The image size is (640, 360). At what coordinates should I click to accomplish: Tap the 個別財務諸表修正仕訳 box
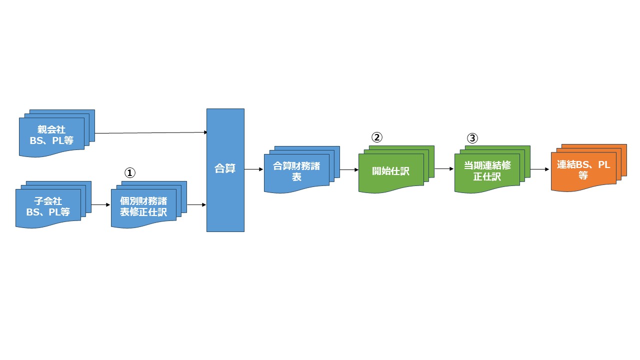pos(143,206)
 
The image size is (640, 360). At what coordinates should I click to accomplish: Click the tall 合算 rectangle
pos(225,170)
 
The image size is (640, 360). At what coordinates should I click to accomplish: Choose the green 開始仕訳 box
pos(391,171)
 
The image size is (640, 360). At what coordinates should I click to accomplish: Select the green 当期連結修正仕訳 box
pos(487,170)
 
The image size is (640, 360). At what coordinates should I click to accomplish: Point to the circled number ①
pos(129,172)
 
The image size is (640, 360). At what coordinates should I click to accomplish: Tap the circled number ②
pos(377,137)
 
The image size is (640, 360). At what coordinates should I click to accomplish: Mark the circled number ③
pos(472,137)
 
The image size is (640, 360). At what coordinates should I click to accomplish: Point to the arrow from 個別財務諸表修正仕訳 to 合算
pos(196,205)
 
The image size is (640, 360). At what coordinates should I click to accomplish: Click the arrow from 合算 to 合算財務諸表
pos(254,169)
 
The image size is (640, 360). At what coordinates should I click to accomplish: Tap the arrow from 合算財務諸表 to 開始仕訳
pos(349,169)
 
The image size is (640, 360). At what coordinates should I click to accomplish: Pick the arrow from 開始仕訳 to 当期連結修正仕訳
pos(444,169)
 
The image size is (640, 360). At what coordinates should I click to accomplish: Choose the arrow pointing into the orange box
pos(540,169)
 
